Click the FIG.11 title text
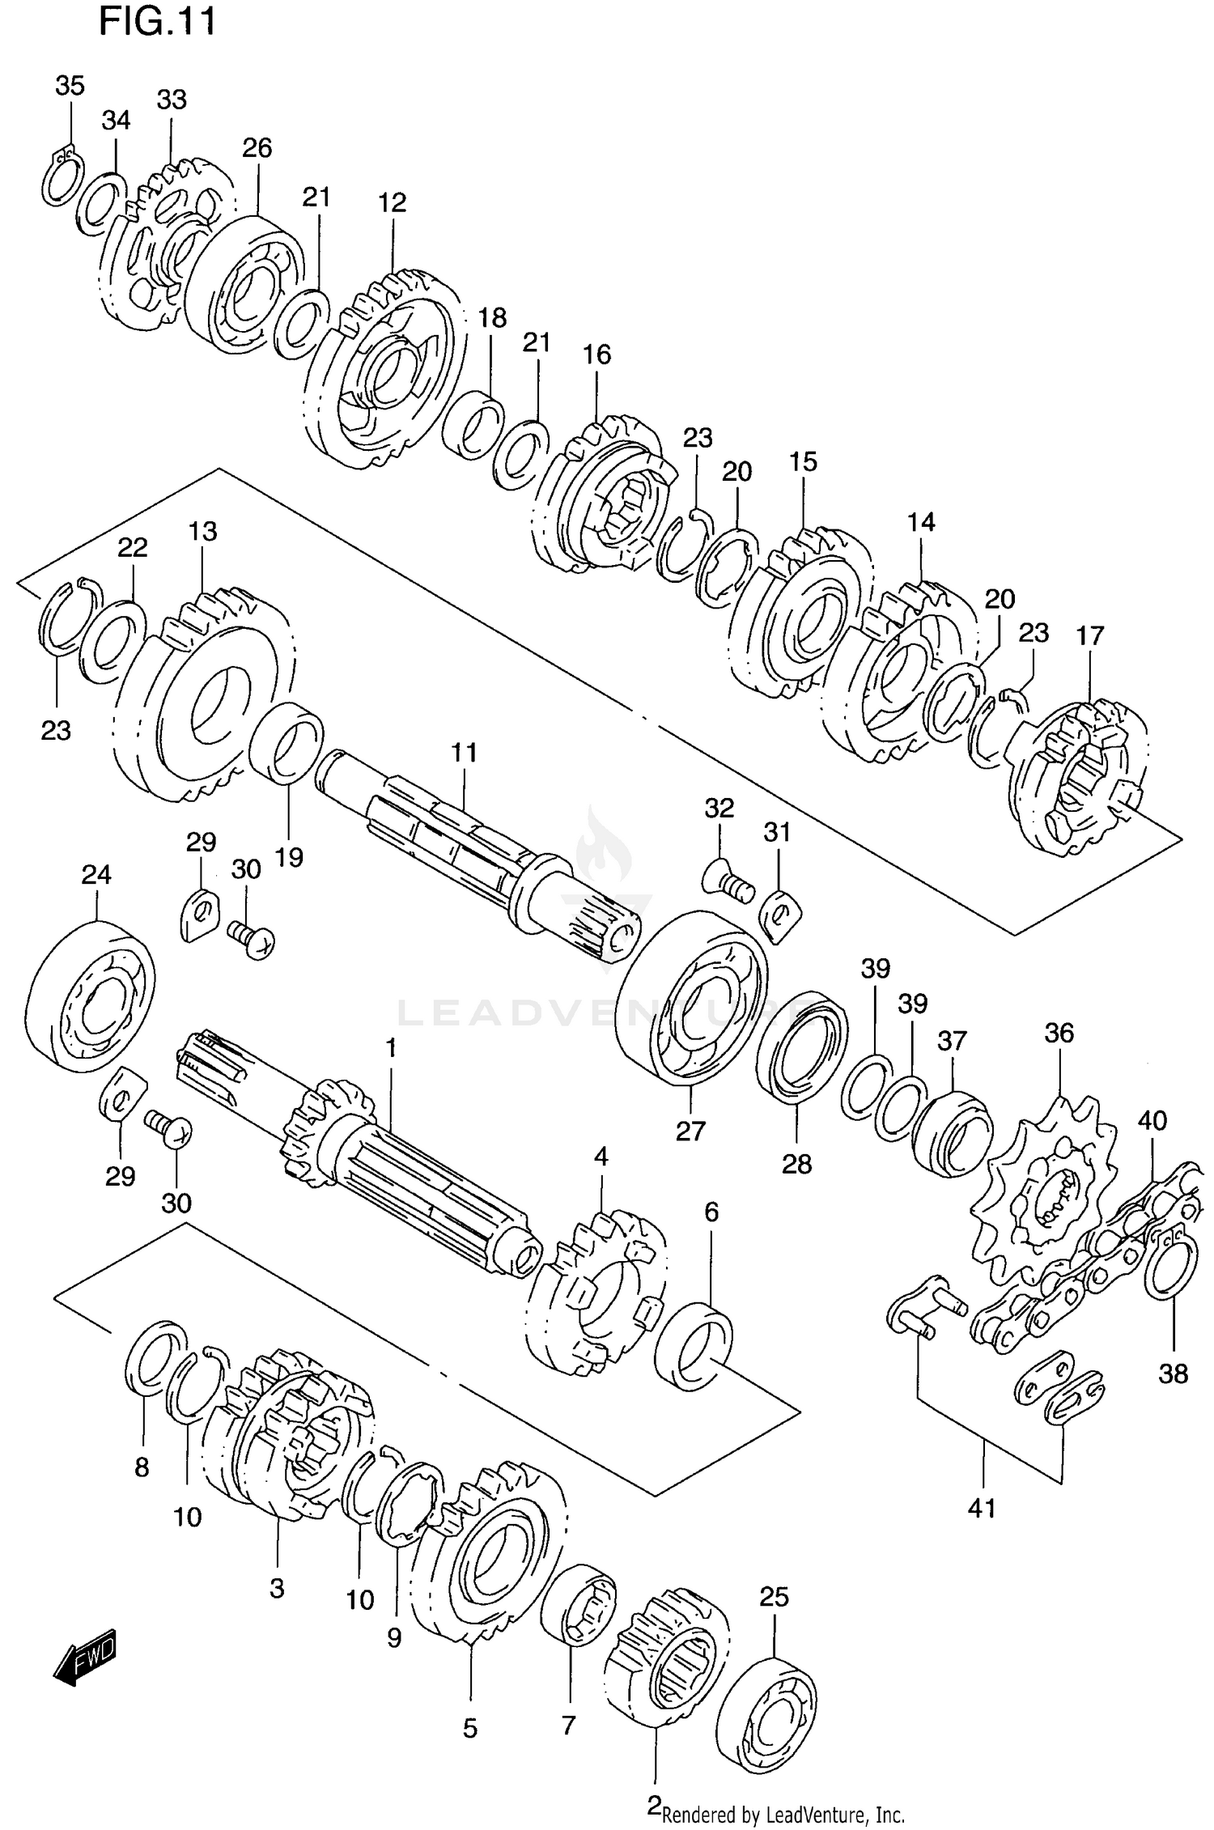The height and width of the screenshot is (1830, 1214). pos(157,22)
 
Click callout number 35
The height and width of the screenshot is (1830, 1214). pos(70,86)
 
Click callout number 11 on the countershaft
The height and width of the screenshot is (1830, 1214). pos(465,753)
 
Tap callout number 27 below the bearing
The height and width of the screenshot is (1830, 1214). pos(690,1131)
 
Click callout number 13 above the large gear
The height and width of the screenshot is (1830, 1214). pos(203,532)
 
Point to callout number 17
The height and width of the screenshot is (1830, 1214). pos(1090,636)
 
